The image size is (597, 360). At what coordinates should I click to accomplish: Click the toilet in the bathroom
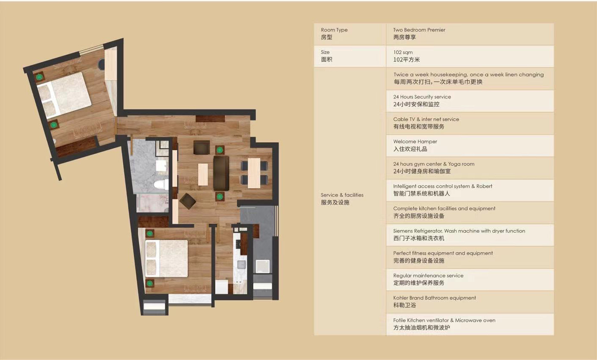[x=161, y=184]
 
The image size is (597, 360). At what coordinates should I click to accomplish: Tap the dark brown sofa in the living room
[x=221, y=173]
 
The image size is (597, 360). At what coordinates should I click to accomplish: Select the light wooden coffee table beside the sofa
[x=203, y=174]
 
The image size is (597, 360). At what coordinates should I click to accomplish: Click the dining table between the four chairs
[x=254, y=173]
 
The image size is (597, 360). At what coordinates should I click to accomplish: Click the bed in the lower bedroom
[x=166, y=258]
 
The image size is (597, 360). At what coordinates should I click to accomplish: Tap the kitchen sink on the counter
[x=242, y=264]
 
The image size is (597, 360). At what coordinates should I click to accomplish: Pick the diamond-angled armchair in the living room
[x=188, y=201]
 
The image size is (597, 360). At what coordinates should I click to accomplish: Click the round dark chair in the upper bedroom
[x=101, y=65]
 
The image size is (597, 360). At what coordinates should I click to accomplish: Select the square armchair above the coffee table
[x=202, y=147]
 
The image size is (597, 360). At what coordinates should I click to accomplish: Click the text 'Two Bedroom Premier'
[x=419, y=30]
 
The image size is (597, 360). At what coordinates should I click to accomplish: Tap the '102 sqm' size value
[x=403, y=52]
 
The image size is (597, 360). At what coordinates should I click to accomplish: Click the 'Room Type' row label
[x=334, y=30]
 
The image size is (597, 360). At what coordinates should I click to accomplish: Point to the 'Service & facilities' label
[x=342, y=195]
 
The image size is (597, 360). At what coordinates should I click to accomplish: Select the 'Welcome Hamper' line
[x=415, y=141]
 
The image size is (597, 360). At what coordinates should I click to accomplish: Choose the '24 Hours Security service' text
[x=422, y=97]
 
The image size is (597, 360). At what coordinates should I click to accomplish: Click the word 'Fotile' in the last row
[x=400, y=320]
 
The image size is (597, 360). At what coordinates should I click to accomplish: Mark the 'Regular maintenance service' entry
[x=428, y=276]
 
